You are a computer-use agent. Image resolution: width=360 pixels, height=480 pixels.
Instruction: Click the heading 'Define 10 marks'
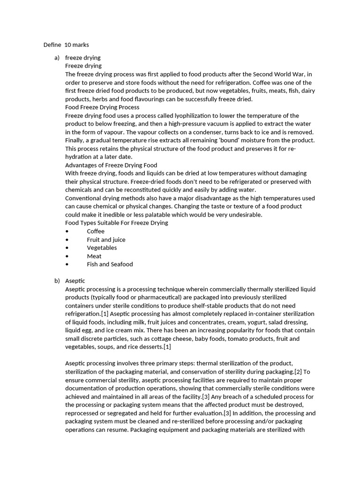(66, 45)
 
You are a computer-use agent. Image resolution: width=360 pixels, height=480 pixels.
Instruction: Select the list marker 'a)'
(57, 58)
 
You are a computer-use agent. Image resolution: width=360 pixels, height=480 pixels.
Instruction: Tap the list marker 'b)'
(57, 281)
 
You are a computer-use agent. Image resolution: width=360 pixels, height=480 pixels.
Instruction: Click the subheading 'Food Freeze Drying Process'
(102, 107)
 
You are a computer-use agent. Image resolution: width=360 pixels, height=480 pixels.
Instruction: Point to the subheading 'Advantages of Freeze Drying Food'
(111, 165)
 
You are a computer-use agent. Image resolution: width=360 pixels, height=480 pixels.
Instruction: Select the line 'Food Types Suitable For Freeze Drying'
(116, 223)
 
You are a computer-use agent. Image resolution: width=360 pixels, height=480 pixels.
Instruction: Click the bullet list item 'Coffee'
(96, 231)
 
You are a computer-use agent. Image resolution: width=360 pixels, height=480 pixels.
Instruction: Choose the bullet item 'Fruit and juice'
(106, 240)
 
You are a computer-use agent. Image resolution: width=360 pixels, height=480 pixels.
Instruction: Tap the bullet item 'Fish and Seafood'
(110, 264)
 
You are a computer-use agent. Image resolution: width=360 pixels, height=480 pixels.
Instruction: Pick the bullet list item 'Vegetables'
(102, 247)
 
